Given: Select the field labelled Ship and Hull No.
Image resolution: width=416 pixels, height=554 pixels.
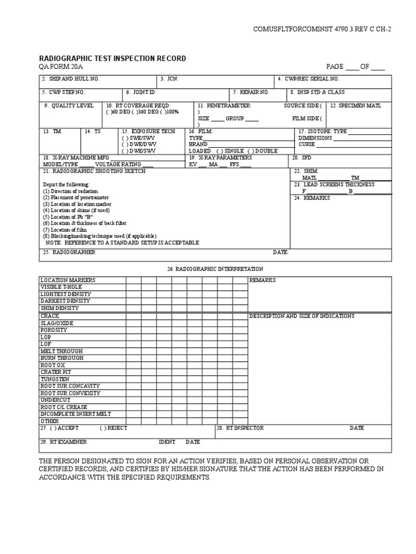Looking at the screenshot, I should tap(71, 79).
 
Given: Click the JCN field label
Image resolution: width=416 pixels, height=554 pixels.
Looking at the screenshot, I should tap(169, 79).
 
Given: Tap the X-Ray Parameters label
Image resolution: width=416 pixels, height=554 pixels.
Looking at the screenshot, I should tap(220, 157).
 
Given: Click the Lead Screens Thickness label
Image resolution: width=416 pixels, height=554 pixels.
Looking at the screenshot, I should tap(342, 184).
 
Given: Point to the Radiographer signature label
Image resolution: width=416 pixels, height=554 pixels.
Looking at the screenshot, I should tap(69, 252).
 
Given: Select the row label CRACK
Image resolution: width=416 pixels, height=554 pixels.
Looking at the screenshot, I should tap(50, 315).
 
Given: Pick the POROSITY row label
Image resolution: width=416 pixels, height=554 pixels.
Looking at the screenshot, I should tap(54, 329).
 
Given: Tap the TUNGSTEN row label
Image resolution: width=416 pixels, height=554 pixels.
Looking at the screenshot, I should tap(55, 379).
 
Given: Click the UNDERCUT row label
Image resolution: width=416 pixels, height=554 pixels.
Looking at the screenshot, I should tap(55, 400).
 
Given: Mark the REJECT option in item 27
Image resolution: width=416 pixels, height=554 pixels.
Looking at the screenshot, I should tap(113, 428).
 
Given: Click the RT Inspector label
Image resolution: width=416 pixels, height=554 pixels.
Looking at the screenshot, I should tap(240, 428).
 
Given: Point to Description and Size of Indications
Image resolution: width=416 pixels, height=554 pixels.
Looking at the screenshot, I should tap(302, 315).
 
